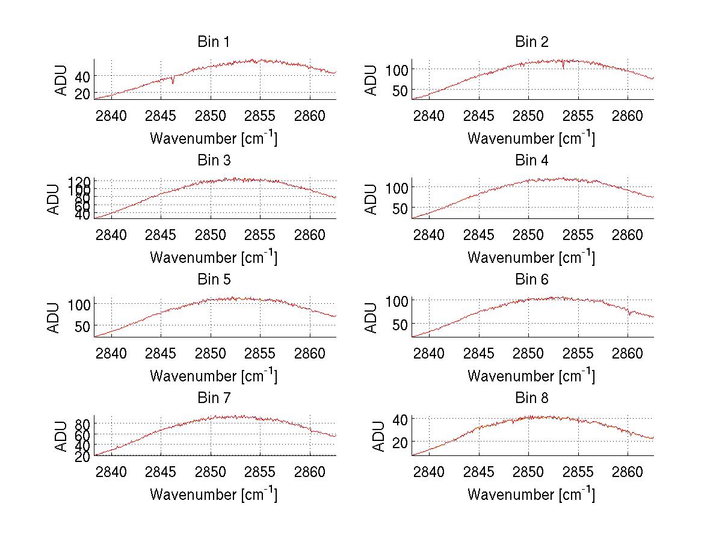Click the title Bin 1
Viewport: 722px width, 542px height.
point(214,42)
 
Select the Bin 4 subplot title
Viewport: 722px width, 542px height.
point(532,161)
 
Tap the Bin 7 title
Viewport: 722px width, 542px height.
point(214,398)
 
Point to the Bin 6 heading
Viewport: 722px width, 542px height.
point(532,280)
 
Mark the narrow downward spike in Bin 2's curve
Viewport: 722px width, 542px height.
point(563,67)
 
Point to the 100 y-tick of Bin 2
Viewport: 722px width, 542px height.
point(396,69)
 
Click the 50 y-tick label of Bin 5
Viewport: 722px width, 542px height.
point(83,326)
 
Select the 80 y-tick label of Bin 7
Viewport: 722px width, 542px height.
point(83,423)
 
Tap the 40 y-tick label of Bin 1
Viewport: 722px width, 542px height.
point(83,76)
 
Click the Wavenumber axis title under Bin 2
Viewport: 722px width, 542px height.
point(531,138)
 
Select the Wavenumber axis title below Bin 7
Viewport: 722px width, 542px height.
point(214,494)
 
